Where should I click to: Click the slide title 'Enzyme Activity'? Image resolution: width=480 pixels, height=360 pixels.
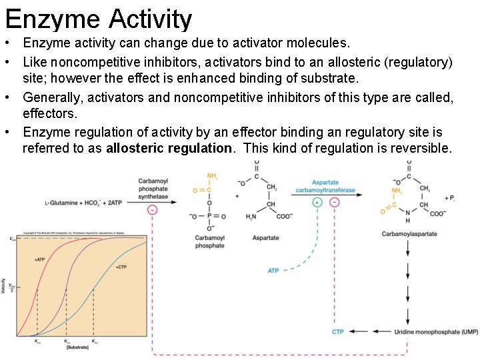(99, 19)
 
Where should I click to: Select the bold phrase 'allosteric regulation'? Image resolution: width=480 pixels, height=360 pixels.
(170, 148)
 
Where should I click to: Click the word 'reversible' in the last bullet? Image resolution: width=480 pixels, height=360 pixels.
(419, 148)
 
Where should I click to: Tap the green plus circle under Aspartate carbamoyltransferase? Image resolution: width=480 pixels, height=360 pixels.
(317, 202)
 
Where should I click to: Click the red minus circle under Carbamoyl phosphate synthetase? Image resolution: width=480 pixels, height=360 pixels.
(153, 209)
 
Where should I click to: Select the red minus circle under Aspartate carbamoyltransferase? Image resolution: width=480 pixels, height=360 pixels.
(334, 202)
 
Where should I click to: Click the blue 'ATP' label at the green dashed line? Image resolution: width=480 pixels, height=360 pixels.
(273, 271)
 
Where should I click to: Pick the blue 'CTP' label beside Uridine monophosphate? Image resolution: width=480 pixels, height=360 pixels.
(338, 331)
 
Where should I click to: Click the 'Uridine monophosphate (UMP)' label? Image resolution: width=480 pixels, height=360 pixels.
(436, 331)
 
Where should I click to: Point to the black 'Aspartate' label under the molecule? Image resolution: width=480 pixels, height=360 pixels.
(266, 238)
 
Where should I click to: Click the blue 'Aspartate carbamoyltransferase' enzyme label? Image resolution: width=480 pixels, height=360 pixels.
(325, 186)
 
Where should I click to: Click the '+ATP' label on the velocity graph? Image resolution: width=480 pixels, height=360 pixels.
(40, 259)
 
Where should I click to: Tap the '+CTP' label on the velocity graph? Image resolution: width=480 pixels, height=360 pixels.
(121, 267)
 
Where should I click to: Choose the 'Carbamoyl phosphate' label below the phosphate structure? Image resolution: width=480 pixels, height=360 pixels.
(210, 242)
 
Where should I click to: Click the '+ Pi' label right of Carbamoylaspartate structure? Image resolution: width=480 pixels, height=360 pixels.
(451, 198)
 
